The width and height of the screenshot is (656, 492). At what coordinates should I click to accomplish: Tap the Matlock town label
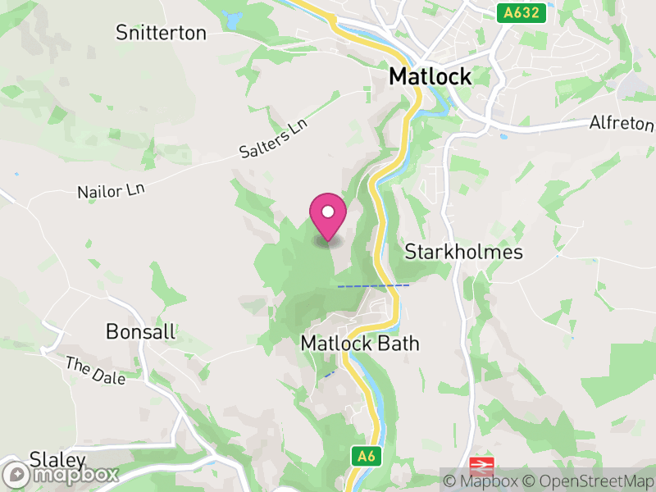(430, 77)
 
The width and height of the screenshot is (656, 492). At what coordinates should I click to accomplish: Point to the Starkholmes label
(463, 252)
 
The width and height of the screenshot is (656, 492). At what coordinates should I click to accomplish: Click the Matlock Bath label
(360, 343)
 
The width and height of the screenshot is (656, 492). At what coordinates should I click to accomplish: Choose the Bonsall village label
(141, 331)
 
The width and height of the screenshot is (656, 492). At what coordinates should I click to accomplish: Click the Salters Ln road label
(273, 139)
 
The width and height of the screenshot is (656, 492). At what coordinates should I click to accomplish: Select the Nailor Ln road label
(111, 191)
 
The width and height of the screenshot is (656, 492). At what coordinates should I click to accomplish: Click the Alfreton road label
(622, 124)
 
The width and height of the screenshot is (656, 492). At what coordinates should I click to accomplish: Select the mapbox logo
(61, 474)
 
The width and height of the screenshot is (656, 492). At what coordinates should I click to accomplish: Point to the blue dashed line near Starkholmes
(373, 285)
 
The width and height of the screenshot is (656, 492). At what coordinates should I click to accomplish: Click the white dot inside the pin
(328, 212)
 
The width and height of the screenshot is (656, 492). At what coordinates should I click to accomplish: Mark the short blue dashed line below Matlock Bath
(329, 374)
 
